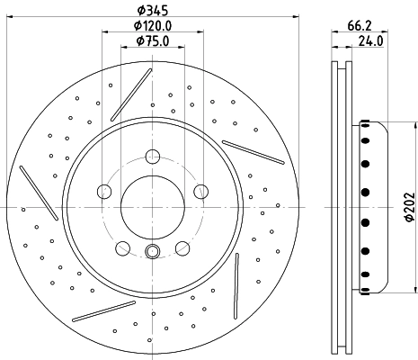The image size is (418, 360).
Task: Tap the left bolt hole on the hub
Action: (x=104, y=192)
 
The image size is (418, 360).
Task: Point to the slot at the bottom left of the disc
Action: (x=102, y=310)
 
